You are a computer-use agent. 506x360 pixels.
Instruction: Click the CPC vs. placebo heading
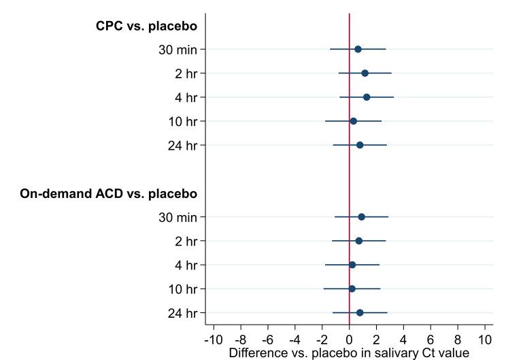146,27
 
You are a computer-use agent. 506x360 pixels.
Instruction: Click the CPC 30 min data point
358,49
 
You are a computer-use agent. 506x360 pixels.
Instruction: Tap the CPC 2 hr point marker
365,73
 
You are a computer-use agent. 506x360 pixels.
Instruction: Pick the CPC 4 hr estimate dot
367,97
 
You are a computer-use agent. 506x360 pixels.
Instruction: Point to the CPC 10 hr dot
353,121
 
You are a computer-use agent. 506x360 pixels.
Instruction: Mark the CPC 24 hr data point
360,145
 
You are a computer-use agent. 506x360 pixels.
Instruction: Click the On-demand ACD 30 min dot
361,217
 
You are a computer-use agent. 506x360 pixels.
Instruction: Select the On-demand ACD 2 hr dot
358,241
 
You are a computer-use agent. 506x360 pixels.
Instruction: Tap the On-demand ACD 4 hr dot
352,265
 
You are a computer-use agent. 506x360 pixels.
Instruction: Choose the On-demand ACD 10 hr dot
352,289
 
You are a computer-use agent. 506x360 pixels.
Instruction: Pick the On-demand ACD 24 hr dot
360,312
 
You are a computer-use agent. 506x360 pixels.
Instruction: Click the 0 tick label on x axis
349,339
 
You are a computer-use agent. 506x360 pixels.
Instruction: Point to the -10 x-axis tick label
213,339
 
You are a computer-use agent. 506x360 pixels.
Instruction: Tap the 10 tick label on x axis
485,339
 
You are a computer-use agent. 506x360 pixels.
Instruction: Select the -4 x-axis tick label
294,339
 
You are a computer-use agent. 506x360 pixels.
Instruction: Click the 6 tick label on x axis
431,339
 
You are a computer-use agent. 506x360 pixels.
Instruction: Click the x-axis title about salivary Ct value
349,353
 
